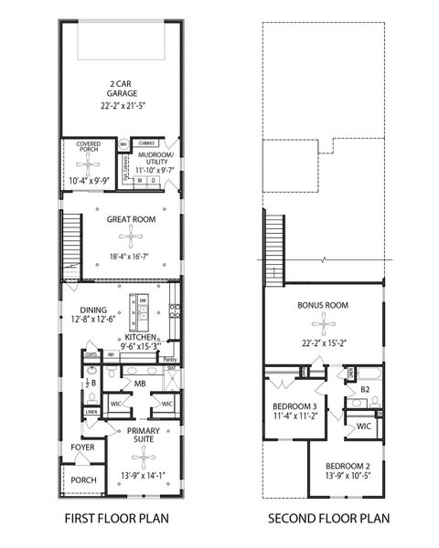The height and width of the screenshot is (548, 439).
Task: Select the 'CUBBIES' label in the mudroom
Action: click(146, 143)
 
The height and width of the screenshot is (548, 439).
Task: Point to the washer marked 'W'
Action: click(140, 181)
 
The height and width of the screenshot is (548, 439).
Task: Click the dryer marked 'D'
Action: click(153, 181)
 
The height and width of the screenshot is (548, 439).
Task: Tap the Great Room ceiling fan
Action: click(134, 239)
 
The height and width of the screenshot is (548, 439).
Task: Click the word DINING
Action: click(93, 309)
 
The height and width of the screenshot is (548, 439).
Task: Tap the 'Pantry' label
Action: click(169, 360)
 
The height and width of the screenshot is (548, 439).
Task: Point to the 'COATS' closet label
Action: click(90, 353)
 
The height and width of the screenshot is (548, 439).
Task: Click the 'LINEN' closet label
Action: click(91, 412)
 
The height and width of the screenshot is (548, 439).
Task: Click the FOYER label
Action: click(82, 448)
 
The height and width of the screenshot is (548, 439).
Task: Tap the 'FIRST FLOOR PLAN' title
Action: click(115, 520)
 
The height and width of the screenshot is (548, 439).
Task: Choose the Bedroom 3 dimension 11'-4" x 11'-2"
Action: click(295, 414)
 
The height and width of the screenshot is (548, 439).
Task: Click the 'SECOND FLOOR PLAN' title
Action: click(328, 520)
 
